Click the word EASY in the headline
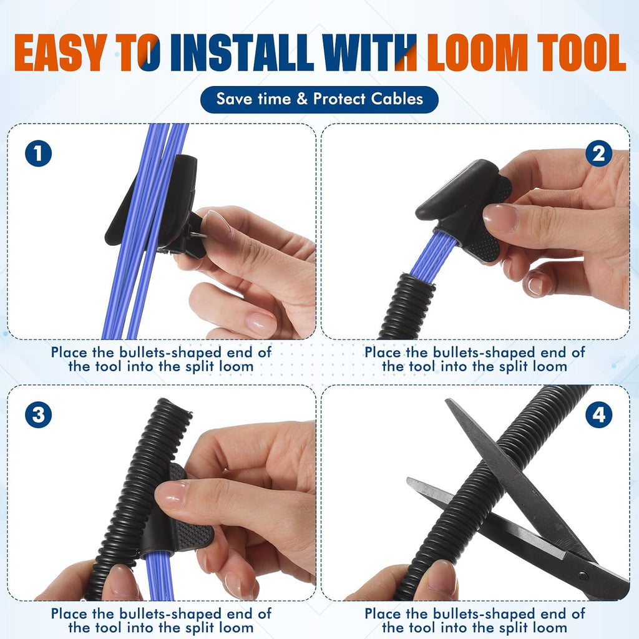pyautogui.click(x=61, y=52)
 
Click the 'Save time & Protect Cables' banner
pyautogui.click(x=319, y=99)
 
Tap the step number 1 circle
pyautogui.click(x=38, y=154)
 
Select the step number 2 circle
pyautogui.click(x=598, y=154)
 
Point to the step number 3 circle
pyautogui.click(x=38, y=415)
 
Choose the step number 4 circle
pyautogui.click(x=598, y=415)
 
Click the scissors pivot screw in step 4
pyautogui.click(x=583, y=575)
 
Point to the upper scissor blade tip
pyautogui.click(x=447, y=401)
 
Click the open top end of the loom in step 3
pyautogui.click(x=175, y=408)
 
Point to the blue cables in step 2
pyautogui.click(x=432, y=256)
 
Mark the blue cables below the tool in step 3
pyautogui.click(x=159, y=575)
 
